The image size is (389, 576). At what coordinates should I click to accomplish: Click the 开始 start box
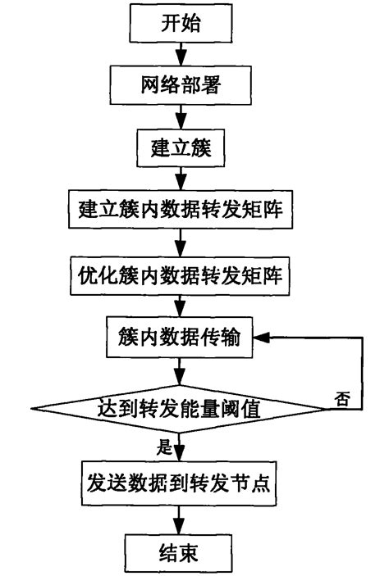(x=178, y=25)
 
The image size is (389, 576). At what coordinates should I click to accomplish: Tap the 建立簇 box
(x=179, y=152)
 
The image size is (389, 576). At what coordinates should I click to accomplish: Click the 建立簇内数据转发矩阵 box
(x=179, y=214)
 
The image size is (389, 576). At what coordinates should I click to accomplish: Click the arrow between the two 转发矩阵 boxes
(x=179, y=245)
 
